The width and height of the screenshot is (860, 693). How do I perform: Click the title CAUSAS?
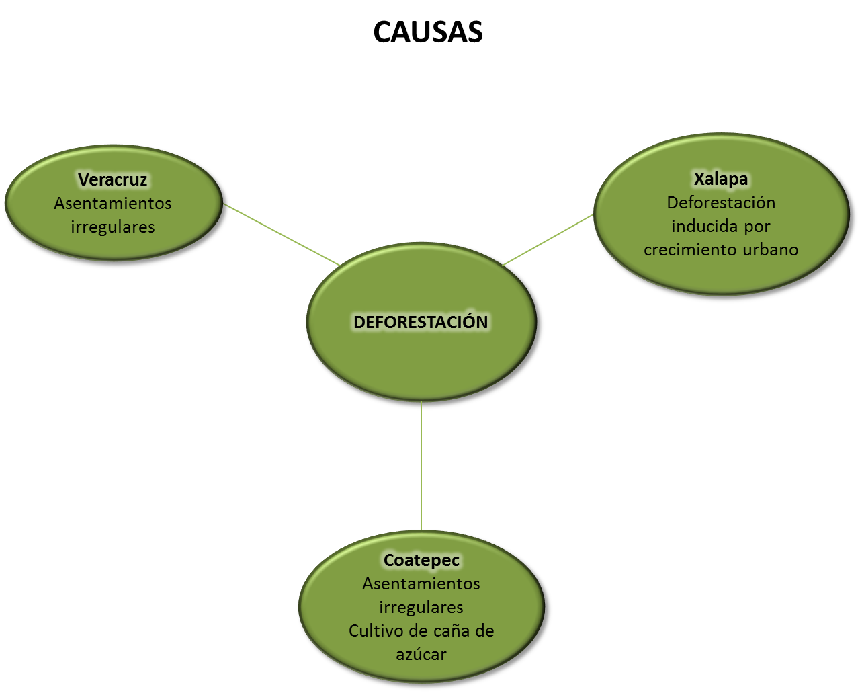pos(428,32)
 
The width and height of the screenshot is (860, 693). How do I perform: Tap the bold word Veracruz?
pos(112,180)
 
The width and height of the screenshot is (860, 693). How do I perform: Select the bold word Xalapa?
pos(720,179)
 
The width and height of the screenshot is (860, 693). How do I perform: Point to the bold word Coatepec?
pos(421,560)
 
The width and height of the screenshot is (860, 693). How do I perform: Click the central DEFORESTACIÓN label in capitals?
pos(421,322)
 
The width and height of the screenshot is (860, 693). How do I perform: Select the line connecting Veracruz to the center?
pos(282,235)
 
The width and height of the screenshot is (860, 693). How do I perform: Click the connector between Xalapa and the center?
pos(548,239)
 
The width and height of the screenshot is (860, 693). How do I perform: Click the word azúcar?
pos(421,655)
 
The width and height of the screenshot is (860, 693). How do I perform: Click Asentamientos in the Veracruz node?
pos(113,204)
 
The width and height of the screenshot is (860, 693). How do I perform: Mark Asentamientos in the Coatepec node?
pos(421,584)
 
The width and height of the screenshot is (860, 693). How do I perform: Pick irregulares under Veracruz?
pos(113,227)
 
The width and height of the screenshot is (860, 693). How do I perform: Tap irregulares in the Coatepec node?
pos(421,608)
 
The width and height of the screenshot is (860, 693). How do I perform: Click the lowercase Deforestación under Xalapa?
pos(721,203)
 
